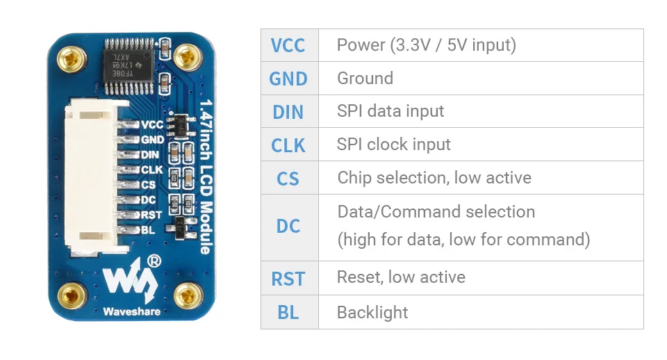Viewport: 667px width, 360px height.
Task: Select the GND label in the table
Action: [288, 79]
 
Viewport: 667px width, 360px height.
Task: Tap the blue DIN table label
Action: [288, 112]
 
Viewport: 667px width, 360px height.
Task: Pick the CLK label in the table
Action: [288, 145]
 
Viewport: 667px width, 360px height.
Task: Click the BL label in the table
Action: [288, 312]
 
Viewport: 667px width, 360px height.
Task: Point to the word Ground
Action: [365, 79]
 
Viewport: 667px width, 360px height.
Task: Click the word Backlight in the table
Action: [372, 312]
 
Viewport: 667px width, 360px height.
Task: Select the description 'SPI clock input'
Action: [393, 145]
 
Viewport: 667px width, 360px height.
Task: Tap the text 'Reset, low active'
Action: [401, 277]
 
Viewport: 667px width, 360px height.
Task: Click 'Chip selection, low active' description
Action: [434, 177]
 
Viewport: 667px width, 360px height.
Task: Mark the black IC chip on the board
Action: [129, 66]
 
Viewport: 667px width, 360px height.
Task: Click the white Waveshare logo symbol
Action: [131, 279]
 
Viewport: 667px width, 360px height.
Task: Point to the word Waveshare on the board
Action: [132, 311]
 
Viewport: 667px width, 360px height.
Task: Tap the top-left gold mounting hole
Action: [72, 58]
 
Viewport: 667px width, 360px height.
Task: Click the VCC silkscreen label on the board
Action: [152, 124]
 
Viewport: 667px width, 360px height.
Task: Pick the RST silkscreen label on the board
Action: [151, 215]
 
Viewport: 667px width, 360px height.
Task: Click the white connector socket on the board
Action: [92, 178]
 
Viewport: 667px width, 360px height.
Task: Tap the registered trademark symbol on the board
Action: [154, 261]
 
